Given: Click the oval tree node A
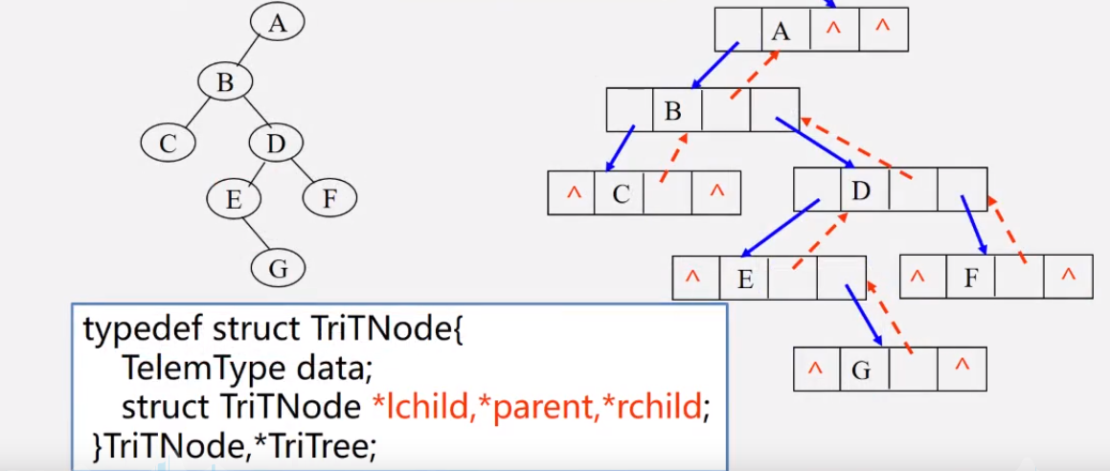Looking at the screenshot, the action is (x=278, y=23).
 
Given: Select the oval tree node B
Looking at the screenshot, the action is (x=225, y=83).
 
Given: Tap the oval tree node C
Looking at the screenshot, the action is (x=169, y=144).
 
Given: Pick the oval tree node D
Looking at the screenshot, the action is (x=276, y=144).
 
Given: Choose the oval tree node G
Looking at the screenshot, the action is (x=278, y=269).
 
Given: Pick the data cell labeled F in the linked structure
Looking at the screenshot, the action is (x=971, y=278).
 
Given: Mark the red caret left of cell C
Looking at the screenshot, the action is (x=574, y=193).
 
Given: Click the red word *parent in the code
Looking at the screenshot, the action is (x=531, y=407).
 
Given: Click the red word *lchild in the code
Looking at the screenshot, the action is (x=418, y=407).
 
